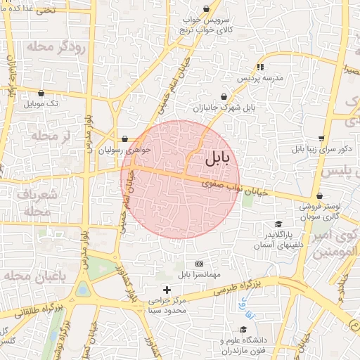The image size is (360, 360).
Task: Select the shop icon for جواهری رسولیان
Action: point(124,139)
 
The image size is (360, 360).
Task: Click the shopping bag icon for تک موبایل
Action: point(41,93)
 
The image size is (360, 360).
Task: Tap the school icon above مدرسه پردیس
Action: point(260,67)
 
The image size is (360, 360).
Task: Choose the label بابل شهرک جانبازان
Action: point(224,109)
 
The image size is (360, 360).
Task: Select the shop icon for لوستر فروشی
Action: point(320,196)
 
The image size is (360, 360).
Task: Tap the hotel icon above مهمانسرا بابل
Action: point(198,263)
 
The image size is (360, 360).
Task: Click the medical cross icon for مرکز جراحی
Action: point(167,290)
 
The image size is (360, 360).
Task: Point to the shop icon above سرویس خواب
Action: point(206,9)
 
